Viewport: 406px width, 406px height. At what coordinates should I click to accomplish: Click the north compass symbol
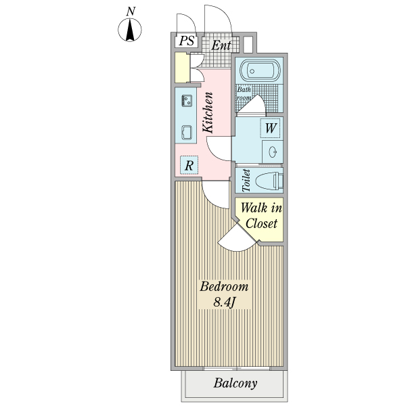(131, 30)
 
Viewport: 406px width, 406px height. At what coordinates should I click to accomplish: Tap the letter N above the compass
(131, 11)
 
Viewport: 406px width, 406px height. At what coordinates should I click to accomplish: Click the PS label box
(187, 41)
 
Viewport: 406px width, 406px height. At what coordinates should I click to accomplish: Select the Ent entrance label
(221, 46)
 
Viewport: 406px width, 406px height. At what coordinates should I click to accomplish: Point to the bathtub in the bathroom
(258, 71)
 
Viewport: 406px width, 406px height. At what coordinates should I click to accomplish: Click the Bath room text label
(244, 93)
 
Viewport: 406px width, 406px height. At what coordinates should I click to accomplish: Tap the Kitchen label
(209, 112)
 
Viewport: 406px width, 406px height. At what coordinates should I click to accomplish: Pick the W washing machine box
(270, 127)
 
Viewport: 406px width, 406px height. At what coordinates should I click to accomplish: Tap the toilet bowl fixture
(270, 180)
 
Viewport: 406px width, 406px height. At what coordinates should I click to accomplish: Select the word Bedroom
(224, 286)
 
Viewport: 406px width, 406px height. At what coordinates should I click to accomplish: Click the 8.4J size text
(223, 302)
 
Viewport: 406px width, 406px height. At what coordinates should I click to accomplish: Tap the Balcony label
(235, 384)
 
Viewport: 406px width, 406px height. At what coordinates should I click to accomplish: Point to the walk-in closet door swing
(235, 239)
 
